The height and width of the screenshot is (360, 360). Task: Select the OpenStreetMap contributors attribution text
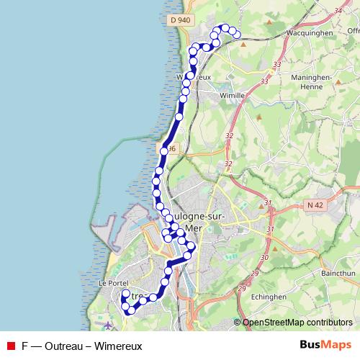tap(297, 323)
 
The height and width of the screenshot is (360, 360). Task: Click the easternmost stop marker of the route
tap(238, 34)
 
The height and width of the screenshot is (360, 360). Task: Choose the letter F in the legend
tap(25, 345)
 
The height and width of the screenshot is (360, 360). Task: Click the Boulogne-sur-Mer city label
tap(193, 222)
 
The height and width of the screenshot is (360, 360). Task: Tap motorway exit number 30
tap(264, 257)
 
